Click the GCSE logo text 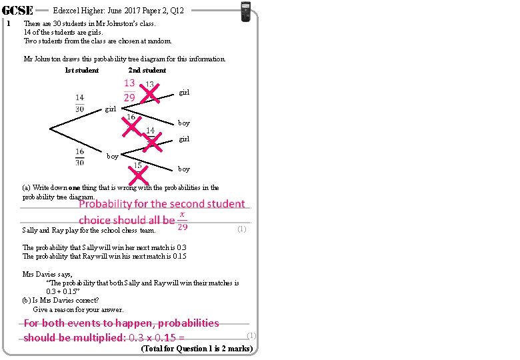(17, 10)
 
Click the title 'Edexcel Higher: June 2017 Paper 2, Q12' (118, 10)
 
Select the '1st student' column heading (81, 70)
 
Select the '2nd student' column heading (147, 70)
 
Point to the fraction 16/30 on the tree (79, 156)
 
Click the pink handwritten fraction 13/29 (129, 90)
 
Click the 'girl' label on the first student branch (110, 109)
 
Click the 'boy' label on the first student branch (112, 156)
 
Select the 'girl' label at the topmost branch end (184, 93)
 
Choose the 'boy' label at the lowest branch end (184, 169)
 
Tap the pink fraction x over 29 (182, 222)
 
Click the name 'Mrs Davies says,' (47, 273)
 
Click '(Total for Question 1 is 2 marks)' (196, 349)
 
